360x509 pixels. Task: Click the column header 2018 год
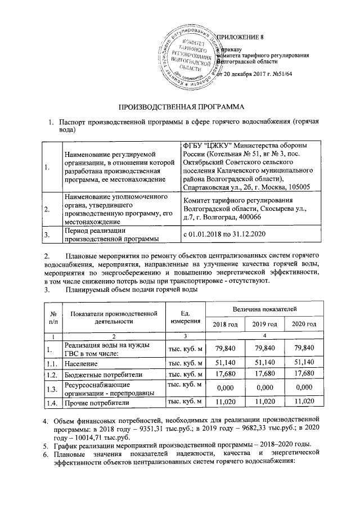[221, 325]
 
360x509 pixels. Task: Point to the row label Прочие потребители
[98, 403]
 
